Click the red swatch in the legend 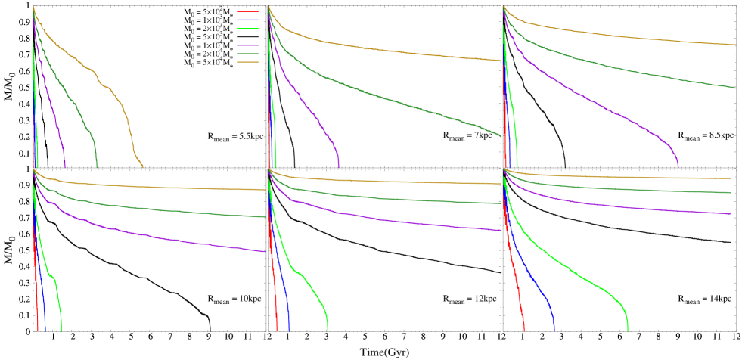click(x=248, y=12)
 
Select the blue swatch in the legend click(x=248, y=20)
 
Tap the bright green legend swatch click(x=248, y=29)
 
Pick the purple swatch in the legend click(x=248, y=46)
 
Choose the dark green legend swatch click(x=248, y=54)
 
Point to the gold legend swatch click(x=248, y=63)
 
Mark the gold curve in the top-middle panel click(x=378, y=50)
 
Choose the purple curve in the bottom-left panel click(x=151, y=235)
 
